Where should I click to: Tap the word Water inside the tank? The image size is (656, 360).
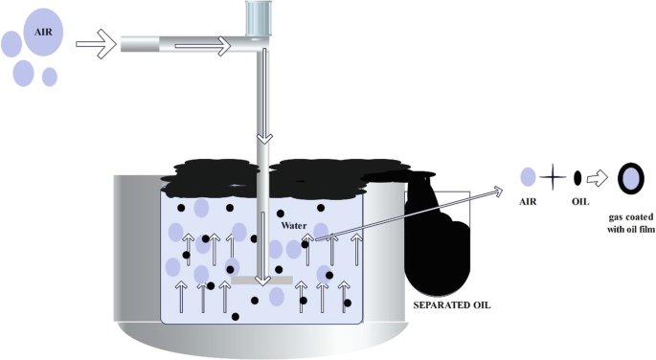[294, 226]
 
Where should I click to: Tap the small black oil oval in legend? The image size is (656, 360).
[577, 178]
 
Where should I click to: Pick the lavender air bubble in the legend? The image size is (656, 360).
[528, 177]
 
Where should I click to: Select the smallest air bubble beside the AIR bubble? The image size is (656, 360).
[50, 76]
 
